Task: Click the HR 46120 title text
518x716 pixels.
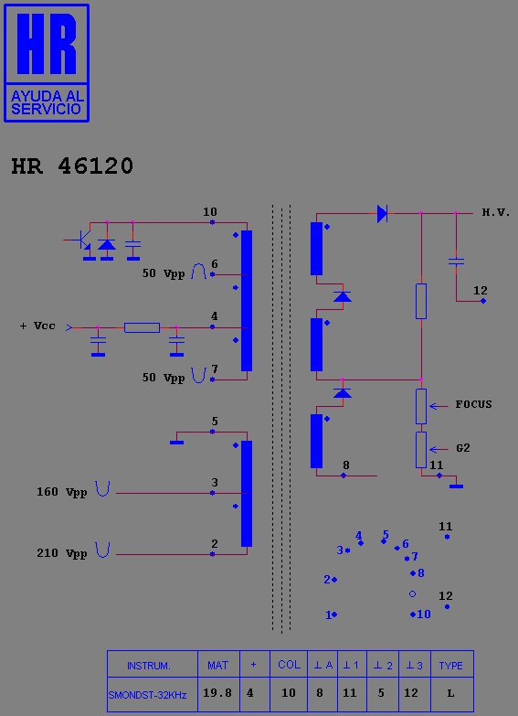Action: click(72, 166)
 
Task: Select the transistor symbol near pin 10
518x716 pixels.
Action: click(80, 240)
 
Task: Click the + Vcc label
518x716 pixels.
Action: click(37, 326)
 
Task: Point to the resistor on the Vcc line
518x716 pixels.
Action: click(142, 327)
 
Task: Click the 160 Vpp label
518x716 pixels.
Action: click(61, 492)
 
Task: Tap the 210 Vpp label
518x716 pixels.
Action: click(61, 553)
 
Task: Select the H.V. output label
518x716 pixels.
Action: click(496, 213)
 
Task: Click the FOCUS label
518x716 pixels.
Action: click(474, 404)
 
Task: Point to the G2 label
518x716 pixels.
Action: click(463, 448)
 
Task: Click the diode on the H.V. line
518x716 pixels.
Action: click(383, 213)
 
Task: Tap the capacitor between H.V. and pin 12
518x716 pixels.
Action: click(456, 262)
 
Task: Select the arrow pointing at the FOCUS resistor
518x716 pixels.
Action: click(439, 406)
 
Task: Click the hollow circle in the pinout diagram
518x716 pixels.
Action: click(412, 594)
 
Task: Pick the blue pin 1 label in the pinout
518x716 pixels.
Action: click(328, 615)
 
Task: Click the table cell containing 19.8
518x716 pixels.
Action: click(218, 694)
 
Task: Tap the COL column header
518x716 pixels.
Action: click(289, 665)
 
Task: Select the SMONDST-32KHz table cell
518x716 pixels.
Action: click(153, 695)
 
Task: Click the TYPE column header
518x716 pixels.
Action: click(451, 666)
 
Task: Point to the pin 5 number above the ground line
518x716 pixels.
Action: click(215, 421)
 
